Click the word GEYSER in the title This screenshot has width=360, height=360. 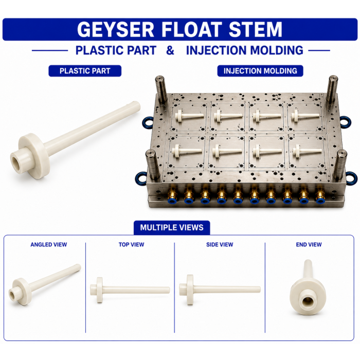coord(116,29)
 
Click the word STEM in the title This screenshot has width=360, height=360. coord(255,29)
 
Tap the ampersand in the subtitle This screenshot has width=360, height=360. coord(170,50)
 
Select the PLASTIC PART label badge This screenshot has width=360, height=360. coord(85,71)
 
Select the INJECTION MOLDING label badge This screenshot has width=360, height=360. coord(260,71)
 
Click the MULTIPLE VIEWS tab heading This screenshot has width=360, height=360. coord(172,227)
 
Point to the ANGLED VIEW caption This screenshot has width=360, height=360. coord(49,244)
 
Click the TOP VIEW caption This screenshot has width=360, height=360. coord(131,244)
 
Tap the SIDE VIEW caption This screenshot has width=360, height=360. coord(220,244)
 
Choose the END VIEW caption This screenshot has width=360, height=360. coord(309,244)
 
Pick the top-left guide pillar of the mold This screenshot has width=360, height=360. coord(161,89)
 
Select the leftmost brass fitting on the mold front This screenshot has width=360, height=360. coord(172,196)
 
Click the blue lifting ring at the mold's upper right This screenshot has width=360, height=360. coord(345,122)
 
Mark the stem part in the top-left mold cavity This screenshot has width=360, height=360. coord(189,115)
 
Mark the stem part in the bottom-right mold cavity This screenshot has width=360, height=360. coord(307,151)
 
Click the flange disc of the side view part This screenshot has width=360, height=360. coord(190,290)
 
